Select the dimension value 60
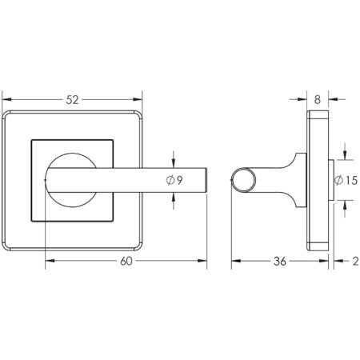pyautogui.click(x=127, y=261)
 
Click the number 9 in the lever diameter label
pyautogui.click(x=180, y=181)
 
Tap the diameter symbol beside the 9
pyautogui.click(x=170, y=181)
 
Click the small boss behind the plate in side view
pyautogui.click(x=330, y=180)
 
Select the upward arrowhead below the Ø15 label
pyautogui.click(x=343, y=205)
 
